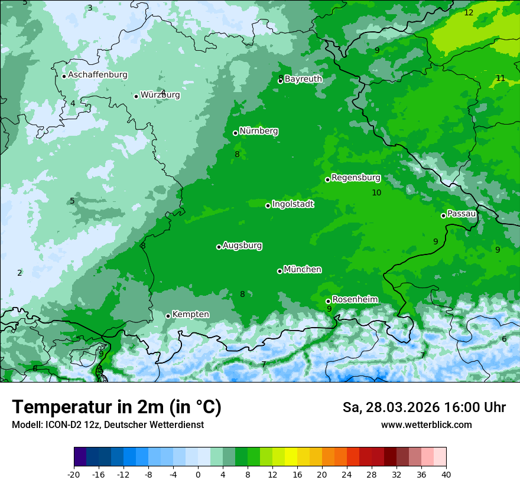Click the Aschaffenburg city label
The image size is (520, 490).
click(97, 75)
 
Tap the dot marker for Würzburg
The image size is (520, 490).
click(136, 96)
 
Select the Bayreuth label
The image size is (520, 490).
click(303, 79)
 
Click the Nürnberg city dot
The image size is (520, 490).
click(235, 133)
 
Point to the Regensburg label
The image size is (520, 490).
click(356, 177)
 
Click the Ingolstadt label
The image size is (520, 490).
click(292, 204)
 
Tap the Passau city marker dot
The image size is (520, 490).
click(443, 215)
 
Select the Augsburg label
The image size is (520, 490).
click(242, 245)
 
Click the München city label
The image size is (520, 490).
click(303, 269)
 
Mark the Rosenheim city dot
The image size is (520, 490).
click(328, 301)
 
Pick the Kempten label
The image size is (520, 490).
click(190, 314)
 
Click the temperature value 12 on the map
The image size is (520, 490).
click(469, 12)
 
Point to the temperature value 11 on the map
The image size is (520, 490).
click(500, 78)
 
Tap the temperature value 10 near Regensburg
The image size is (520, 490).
click(376, 192)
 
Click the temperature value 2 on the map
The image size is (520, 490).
click(19, 273)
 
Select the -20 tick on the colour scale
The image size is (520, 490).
click(74, 474)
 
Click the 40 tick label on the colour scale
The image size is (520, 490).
click(446, 474)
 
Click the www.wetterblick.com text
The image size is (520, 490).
click(426, 424)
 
